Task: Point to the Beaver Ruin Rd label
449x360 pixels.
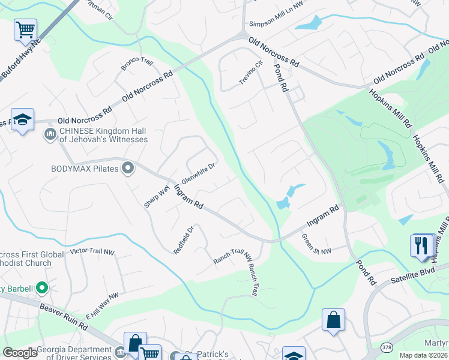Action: pyautogui.click(x=64, y=317)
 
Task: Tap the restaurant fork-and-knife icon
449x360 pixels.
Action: pyautogui.click(x=422, y=245)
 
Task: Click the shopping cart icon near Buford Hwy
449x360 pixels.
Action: pyautogui.click(x=26, y=29)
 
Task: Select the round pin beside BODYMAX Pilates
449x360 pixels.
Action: pyautogui.click(x=127, y=168)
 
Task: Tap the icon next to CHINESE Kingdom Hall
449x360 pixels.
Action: pyautogui.click(x=50, y=135)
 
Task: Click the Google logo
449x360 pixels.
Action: pyautogui.click(x=20, y=353)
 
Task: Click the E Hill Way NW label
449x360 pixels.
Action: pyautogui.click(x=102, y=305)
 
